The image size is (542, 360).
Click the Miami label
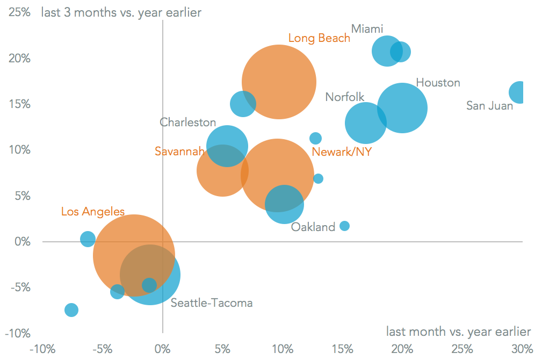(x=367, y=28)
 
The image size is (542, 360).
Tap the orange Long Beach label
(x=319, y=38)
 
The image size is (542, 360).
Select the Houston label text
(x=438, y=83)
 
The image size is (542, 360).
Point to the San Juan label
(x=489, y=105)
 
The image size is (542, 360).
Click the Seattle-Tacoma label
(x=211, y=303)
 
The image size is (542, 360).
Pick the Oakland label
(x=313, y=227)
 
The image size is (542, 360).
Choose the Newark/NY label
(x=342, y=152)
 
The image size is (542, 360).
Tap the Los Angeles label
(x=92, y=212)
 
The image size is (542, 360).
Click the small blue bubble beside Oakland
(x=344, y=226)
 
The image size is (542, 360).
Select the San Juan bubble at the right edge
(x=518, y=92)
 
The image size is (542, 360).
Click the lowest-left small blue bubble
(x=71, y=310)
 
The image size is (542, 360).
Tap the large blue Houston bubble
(x=402, y=107)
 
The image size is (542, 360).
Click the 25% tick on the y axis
(x=19, y=12)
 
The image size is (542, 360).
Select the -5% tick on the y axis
(x=19, y=287)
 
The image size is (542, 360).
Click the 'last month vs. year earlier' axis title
(x=458, y=332)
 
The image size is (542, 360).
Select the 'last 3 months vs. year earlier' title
(x=121, y=12)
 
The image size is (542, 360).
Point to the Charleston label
(x=187, y=123)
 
